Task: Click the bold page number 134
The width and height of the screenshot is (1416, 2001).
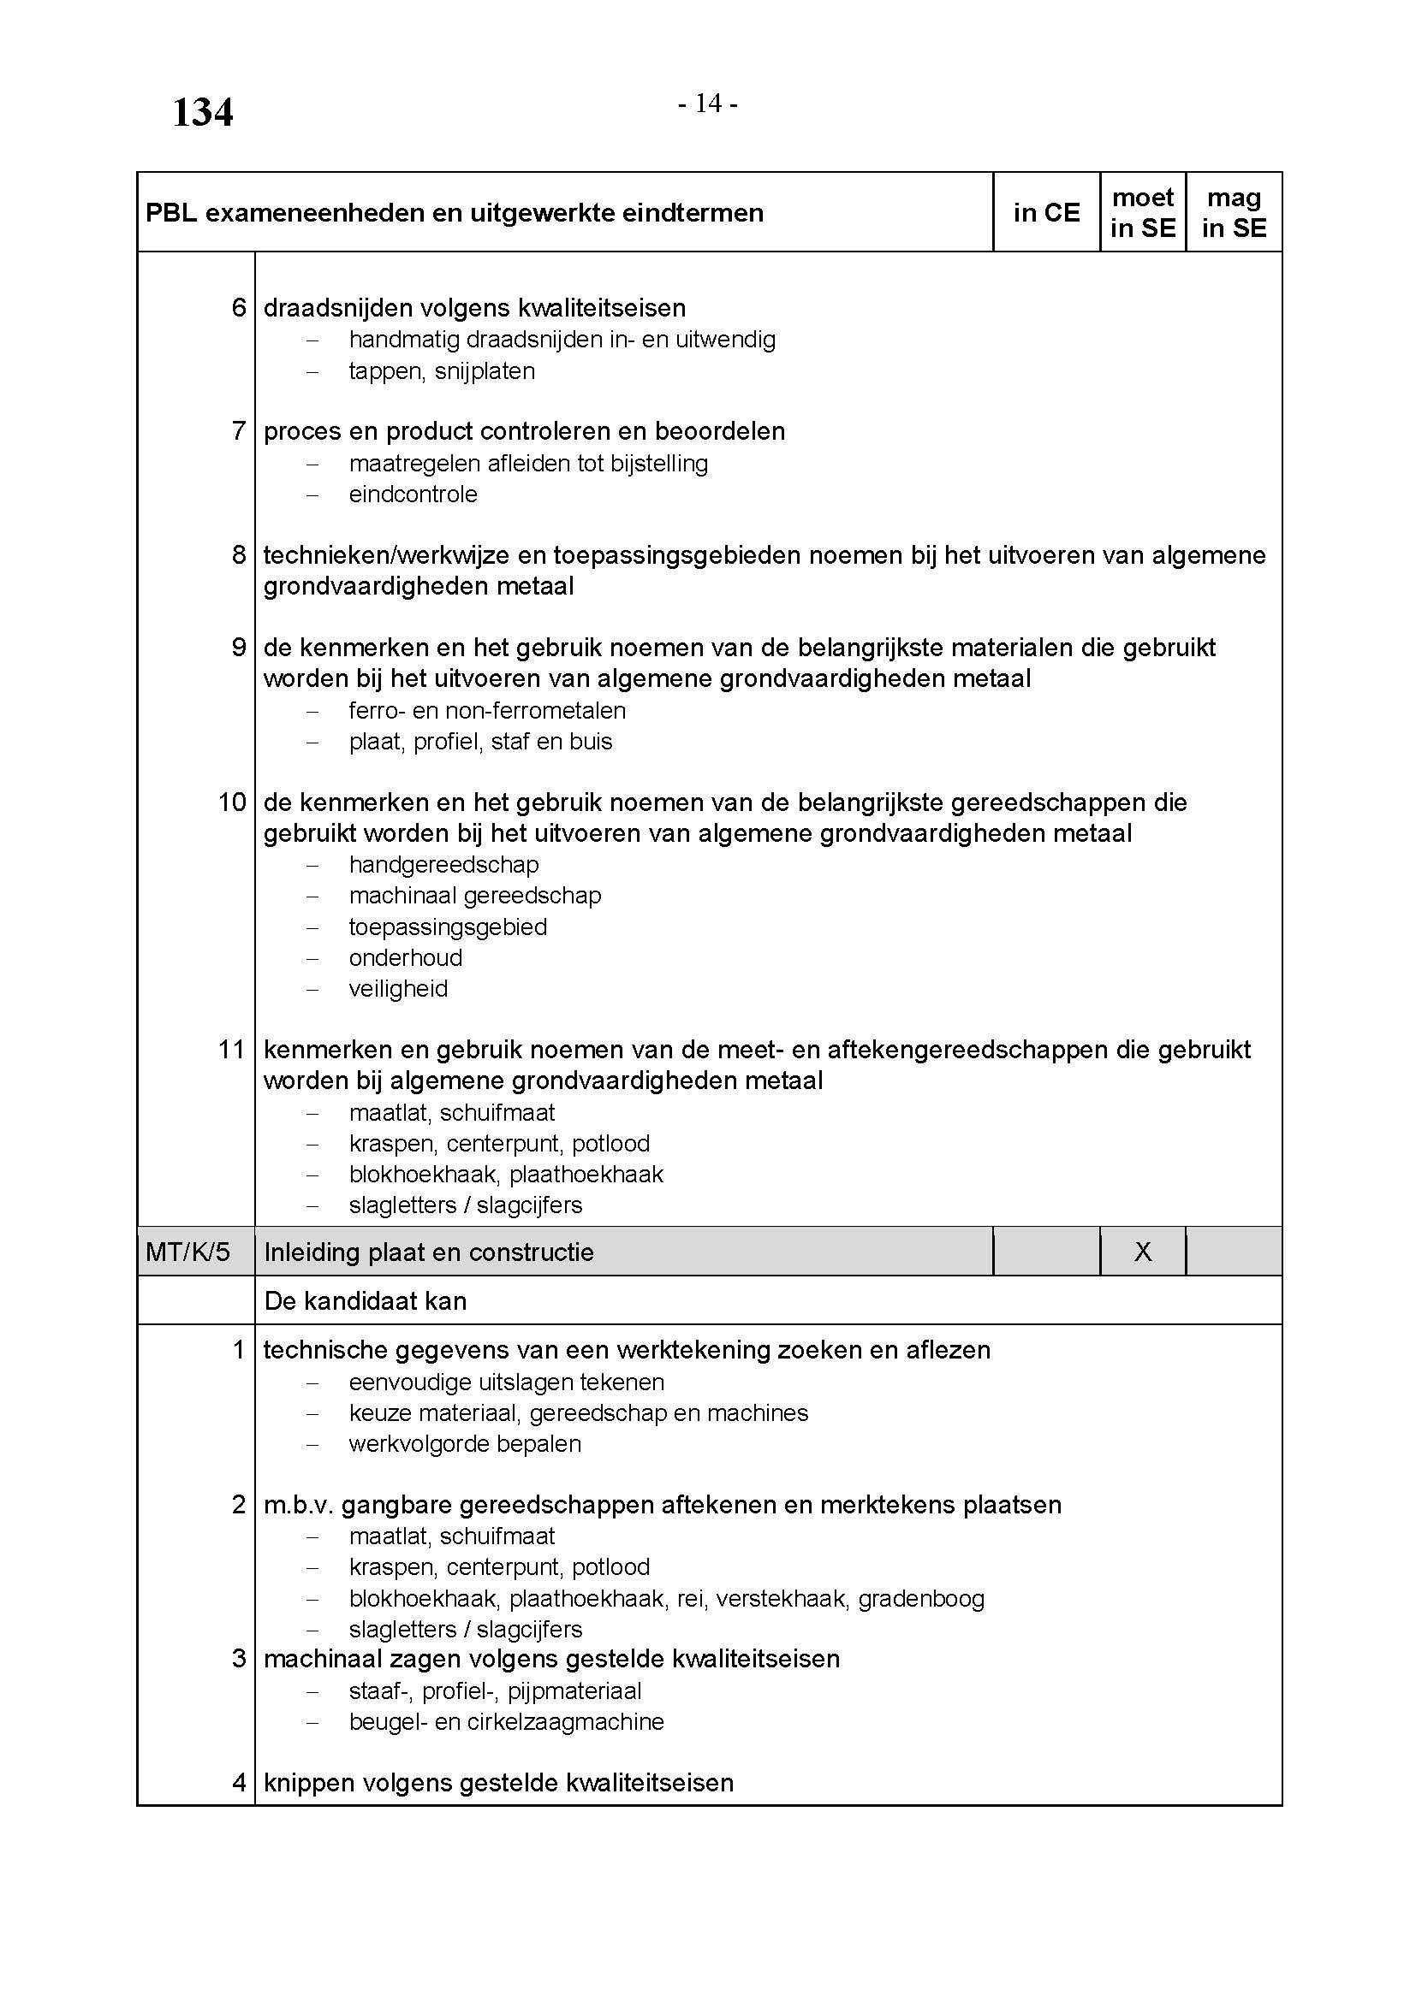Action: [x=202, y=113]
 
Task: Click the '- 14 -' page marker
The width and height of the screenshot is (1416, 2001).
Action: [x=708, y=104]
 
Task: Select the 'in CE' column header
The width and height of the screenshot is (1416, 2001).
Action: [x=1046, y=213]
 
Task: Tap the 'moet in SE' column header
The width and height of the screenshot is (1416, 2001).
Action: [x=1142, y=213]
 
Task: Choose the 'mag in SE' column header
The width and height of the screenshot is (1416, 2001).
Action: [x=1234, y=213]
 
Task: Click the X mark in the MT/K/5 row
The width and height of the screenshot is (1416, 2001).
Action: [x=1142, y=1252]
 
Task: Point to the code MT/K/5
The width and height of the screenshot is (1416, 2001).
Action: [x=188, y=1252]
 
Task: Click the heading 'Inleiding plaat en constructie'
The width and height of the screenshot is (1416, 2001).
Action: [x=428, y=1252]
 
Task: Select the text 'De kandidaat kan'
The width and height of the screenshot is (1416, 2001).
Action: [x=366, y=1301]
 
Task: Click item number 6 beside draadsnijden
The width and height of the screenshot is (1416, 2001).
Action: [x=239, y=308]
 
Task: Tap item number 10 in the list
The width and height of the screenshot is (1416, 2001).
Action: [x=232, y=802]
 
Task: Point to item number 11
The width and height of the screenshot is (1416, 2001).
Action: [x=232, y=1050]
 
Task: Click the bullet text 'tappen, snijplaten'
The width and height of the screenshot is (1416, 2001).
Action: [x=442, y=371]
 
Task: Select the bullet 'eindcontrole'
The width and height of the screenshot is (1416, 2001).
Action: [x=413, y=494]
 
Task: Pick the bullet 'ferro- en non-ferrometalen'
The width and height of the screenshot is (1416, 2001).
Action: [x=487, y=710]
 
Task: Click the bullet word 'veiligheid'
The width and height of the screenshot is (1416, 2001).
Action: [x=398, y=988]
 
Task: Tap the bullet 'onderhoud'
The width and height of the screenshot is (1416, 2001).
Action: [x=406, y=958]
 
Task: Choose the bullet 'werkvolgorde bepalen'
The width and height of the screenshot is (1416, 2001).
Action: [x=465, y=1443]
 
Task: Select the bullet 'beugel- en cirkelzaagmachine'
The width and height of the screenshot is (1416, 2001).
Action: [x=507, y=1721]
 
